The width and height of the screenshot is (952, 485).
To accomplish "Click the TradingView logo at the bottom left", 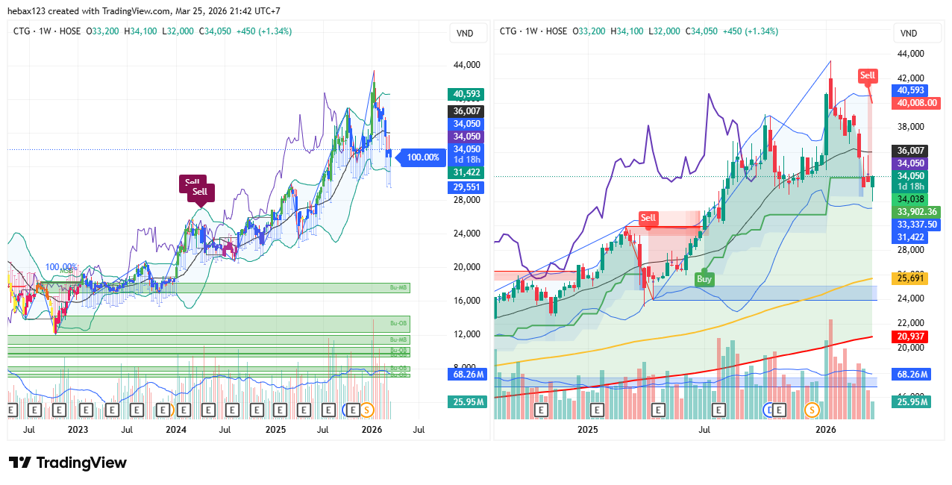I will pyautogui.click(x=67, y=463).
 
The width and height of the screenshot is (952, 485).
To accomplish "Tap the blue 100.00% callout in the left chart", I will pyautogui.click(x=422, y=157).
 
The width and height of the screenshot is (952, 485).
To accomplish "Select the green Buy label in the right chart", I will pyautogui.click(x=704, y=279).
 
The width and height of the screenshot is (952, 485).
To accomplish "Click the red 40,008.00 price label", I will pyautogui.click(x=918, y=103).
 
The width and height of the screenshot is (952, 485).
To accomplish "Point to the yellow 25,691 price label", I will pyautogui.click(x=910, y=278).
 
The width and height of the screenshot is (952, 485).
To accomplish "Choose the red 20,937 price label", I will pyautogui.click(x=910, y=337).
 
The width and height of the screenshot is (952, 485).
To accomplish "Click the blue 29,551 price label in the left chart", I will pyautogui.click(x=466, y=187).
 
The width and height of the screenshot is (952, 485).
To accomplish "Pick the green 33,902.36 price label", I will pyautogui.click(x=917, y=212).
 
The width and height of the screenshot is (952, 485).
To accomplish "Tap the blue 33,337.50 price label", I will pyautogui.click(x=917, y=225).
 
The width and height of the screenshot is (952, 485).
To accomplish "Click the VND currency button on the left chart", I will pyautogui.click(x=465, y=34).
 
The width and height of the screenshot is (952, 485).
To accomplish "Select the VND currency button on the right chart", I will pyautogui.click(x=909, y=34).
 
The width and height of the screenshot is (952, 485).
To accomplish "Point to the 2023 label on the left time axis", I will pyautogui.click(x=78, y=430).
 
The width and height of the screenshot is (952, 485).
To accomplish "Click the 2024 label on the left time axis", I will pyautogui.click(x=176, y=430).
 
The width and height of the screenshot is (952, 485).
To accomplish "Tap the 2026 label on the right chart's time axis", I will pyautogui.click(x=825, y=430).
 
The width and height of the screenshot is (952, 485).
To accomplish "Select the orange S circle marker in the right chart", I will pyautogui.click(x=812, y=410).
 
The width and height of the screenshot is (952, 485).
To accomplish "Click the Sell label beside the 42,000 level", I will pyautogui.click(x=867, y=75).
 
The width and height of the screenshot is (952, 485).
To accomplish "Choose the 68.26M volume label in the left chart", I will pyautogui.click(x=466, y=374).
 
